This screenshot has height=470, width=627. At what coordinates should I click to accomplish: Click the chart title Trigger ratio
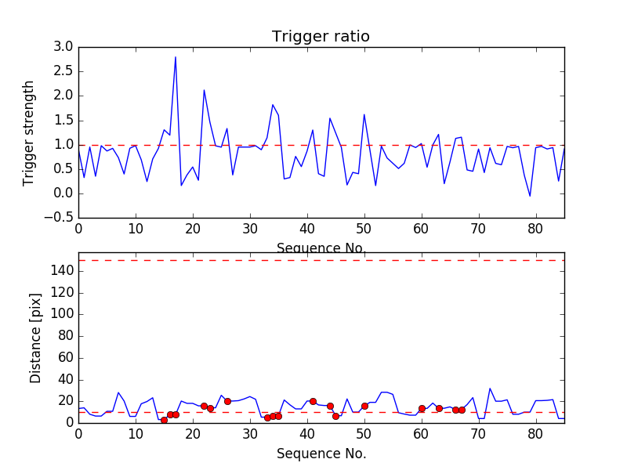321,37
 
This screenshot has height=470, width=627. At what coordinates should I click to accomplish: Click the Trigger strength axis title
29,132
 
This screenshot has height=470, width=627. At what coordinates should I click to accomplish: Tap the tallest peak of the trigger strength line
176,56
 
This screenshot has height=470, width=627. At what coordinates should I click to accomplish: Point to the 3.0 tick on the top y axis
63,47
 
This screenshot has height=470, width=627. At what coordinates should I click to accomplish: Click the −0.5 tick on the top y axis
60,218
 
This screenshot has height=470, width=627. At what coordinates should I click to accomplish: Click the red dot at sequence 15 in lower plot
164,420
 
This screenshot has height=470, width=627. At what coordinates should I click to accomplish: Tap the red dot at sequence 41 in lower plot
313,401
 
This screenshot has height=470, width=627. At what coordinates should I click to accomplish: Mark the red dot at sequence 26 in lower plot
227,401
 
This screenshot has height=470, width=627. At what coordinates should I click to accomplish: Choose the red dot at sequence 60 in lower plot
422,408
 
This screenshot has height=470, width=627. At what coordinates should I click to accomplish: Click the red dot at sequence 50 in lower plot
364,406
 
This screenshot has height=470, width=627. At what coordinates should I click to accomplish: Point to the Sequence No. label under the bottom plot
321,454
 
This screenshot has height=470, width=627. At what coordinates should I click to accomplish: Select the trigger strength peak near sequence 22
204,90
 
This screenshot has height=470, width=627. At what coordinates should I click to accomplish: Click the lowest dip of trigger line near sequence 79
530,196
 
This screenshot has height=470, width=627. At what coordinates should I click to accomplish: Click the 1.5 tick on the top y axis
63,120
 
